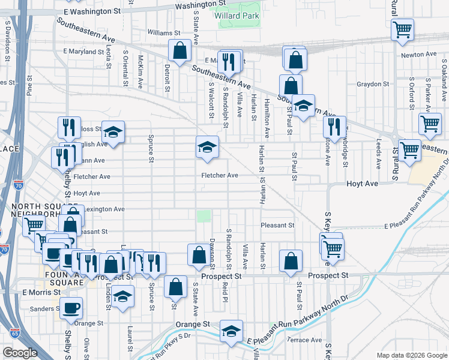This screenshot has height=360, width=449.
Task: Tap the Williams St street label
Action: point(164,33)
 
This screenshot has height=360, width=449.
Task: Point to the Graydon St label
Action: point(369,84)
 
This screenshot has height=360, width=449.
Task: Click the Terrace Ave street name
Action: point(305,340)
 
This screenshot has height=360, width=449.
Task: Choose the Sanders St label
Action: point(44,310)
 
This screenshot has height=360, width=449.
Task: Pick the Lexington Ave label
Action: point(104,209)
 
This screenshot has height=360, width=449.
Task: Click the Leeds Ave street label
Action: point(378,154)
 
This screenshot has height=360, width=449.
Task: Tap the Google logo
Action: point(20,353)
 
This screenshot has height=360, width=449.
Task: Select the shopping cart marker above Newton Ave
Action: point(402,30)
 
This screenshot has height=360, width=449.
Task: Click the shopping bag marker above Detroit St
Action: point(179,51)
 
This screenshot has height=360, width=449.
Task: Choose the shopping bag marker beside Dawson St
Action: point(199,255)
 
